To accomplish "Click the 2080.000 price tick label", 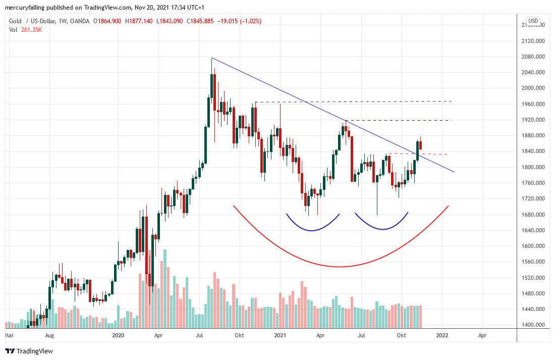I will click(x=535, y=57).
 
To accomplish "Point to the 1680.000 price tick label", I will click(x=535, y=215).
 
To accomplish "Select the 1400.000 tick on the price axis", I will click(x=535, y=325).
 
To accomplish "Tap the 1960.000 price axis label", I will click(x=535, y=104).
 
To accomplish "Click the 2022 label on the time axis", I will click(x=442, y=335).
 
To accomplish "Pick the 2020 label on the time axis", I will click(x=118, y=335).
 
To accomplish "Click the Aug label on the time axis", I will click(x=49, y=335).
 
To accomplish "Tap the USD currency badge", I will click(x=533, y=21).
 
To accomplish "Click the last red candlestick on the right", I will click(x=421, y=145).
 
